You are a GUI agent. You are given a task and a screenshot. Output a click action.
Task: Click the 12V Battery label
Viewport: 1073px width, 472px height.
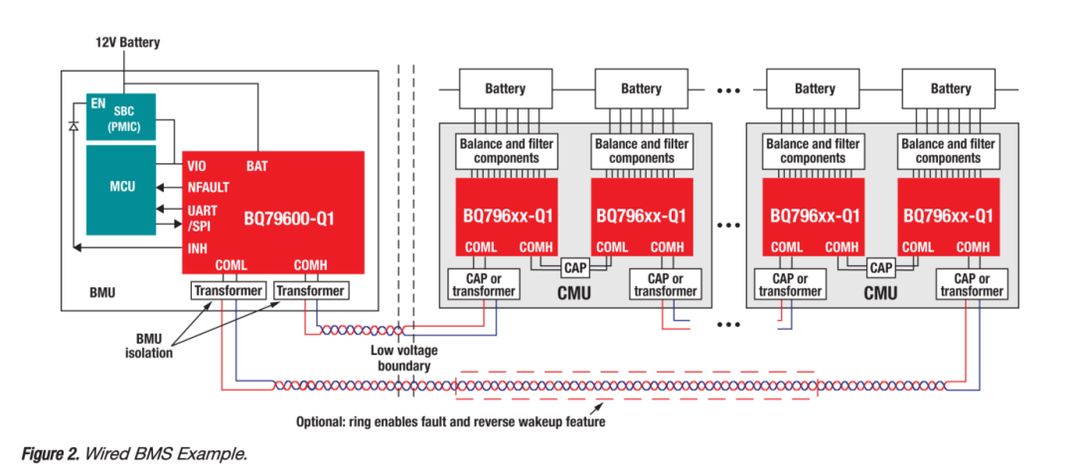coord(127,43)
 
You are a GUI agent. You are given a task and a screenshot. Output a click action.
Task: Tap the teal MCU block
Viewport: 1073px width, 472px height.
coord(121,186)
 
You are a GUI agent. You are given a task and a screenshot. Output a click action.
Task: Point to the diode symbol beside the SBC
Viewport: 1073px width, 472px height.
coord(74,127)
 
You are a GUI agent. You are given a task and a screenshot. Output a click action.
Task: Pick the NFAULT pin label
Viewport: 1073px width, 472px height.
coord(210,187)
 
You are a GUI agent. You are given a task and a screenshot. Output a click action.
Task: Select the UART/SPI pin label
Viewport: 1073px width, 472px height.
coord(202,218)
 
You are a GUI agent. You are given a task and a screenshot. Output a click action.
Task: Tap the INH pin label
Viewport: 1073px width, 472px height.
coord(198,248)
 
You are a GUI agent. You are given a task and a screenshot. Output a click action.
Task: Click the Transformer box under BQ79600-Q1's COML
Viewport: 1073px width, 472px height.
coord(229,290)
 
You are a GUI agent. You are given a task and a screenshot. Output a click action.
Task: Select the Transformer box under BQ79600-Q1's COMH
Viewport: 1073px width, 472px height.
coord(310,290)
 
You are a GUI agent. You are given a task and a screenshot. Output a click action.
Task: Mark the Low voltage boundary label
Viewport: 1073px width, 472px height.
coord(401,358)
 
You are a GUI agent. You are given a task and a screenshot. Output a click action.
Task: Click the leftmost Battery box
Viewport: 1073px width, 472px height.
coord(506,88)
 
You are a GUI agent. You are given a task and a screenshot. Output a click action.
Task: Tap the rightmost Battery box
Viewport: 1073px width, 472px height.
coord(951,88)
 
